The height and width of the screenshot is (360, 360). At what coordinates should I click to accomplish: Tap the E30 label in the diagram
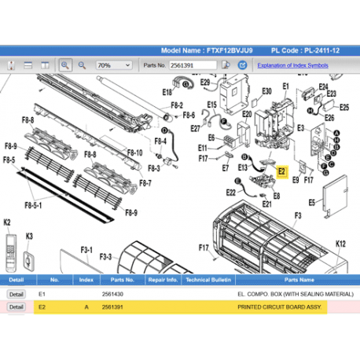point(266,91)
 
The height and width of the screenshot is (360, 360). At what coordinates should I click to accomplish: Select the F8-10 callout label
point(134,152)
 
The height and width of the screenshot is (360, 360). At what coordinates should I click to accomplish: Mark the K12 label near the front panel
point(340,244)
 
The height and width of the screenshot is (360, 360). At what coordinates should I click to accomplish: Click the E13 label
point(243,167)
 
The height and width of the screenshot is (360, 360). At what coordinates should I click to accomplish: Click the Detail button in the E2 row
point(16,307)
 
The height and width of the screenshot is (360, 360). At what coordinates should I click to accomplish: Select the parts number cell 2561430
point(113,292)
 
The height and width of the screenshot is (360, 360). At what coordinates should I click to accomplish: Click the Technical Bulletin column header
point(208,279)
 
